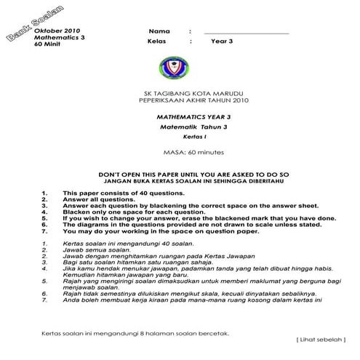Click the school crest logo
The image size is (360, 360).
(x=173, y=68)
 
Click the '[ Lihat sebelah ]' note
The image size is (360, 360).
(x=321, y=339)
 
